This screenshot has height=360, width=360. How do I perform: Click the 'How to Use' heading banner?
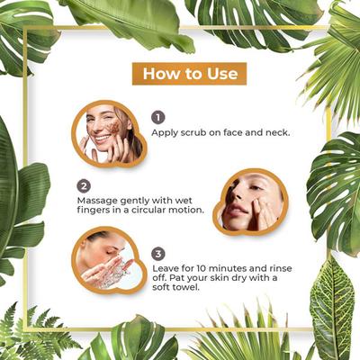189,74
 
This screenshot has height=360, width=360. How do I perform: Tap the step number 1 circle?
158,117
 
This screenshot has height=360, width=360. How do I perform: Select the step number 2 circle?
84,186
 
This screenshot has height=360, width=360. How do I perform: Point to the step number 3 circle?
158,254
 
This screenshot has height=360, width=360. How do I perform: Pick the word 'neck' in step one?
278,132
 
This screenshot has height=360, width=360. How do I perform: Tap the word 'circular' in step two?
147,210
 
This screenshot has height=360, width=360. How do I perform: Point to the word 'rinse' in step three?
281,267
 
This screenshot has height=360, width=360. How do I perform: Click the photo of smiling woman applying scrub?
109,134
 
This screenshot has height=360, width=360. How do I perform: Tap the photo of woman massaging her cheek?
251,202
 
